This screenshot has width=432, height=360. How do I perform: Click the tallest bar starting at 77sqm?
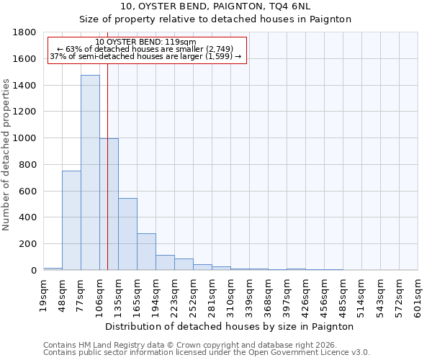point(90,173)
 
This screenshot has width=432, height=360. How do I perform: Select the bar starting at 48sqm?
point(71,220)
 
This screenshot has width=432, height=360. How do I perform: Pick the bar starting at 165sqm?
point(146,251)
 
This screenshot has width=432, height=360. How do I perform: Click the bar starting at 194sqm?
point(165,262)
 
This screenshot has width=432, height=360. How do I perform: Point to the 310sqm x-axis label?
point(231,294)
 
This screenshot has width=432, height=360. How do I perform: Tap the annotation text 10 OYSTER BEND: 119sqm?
point(145,42)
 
